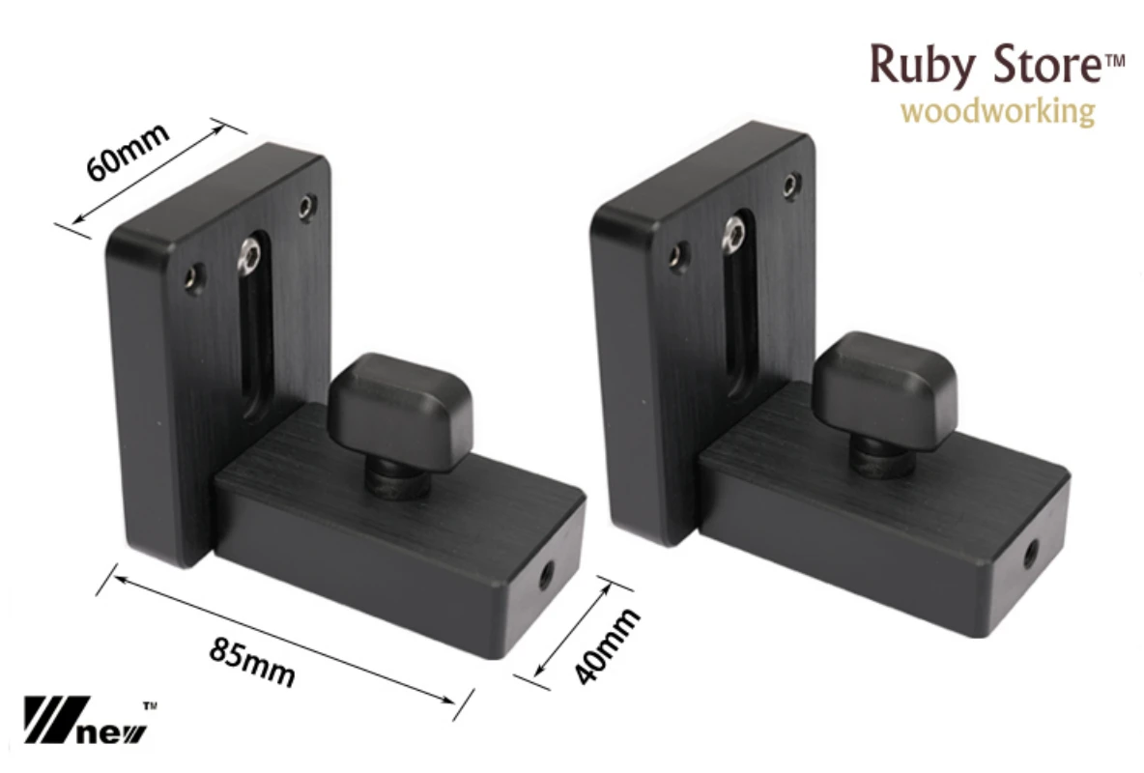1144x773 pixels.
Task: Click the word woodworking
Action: (x=997, y=111)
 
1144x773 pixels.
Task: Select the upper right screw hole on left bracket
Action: (x=306, y=204)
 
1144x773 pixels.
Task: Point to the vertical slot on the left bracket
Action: (x=255, y=338)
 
